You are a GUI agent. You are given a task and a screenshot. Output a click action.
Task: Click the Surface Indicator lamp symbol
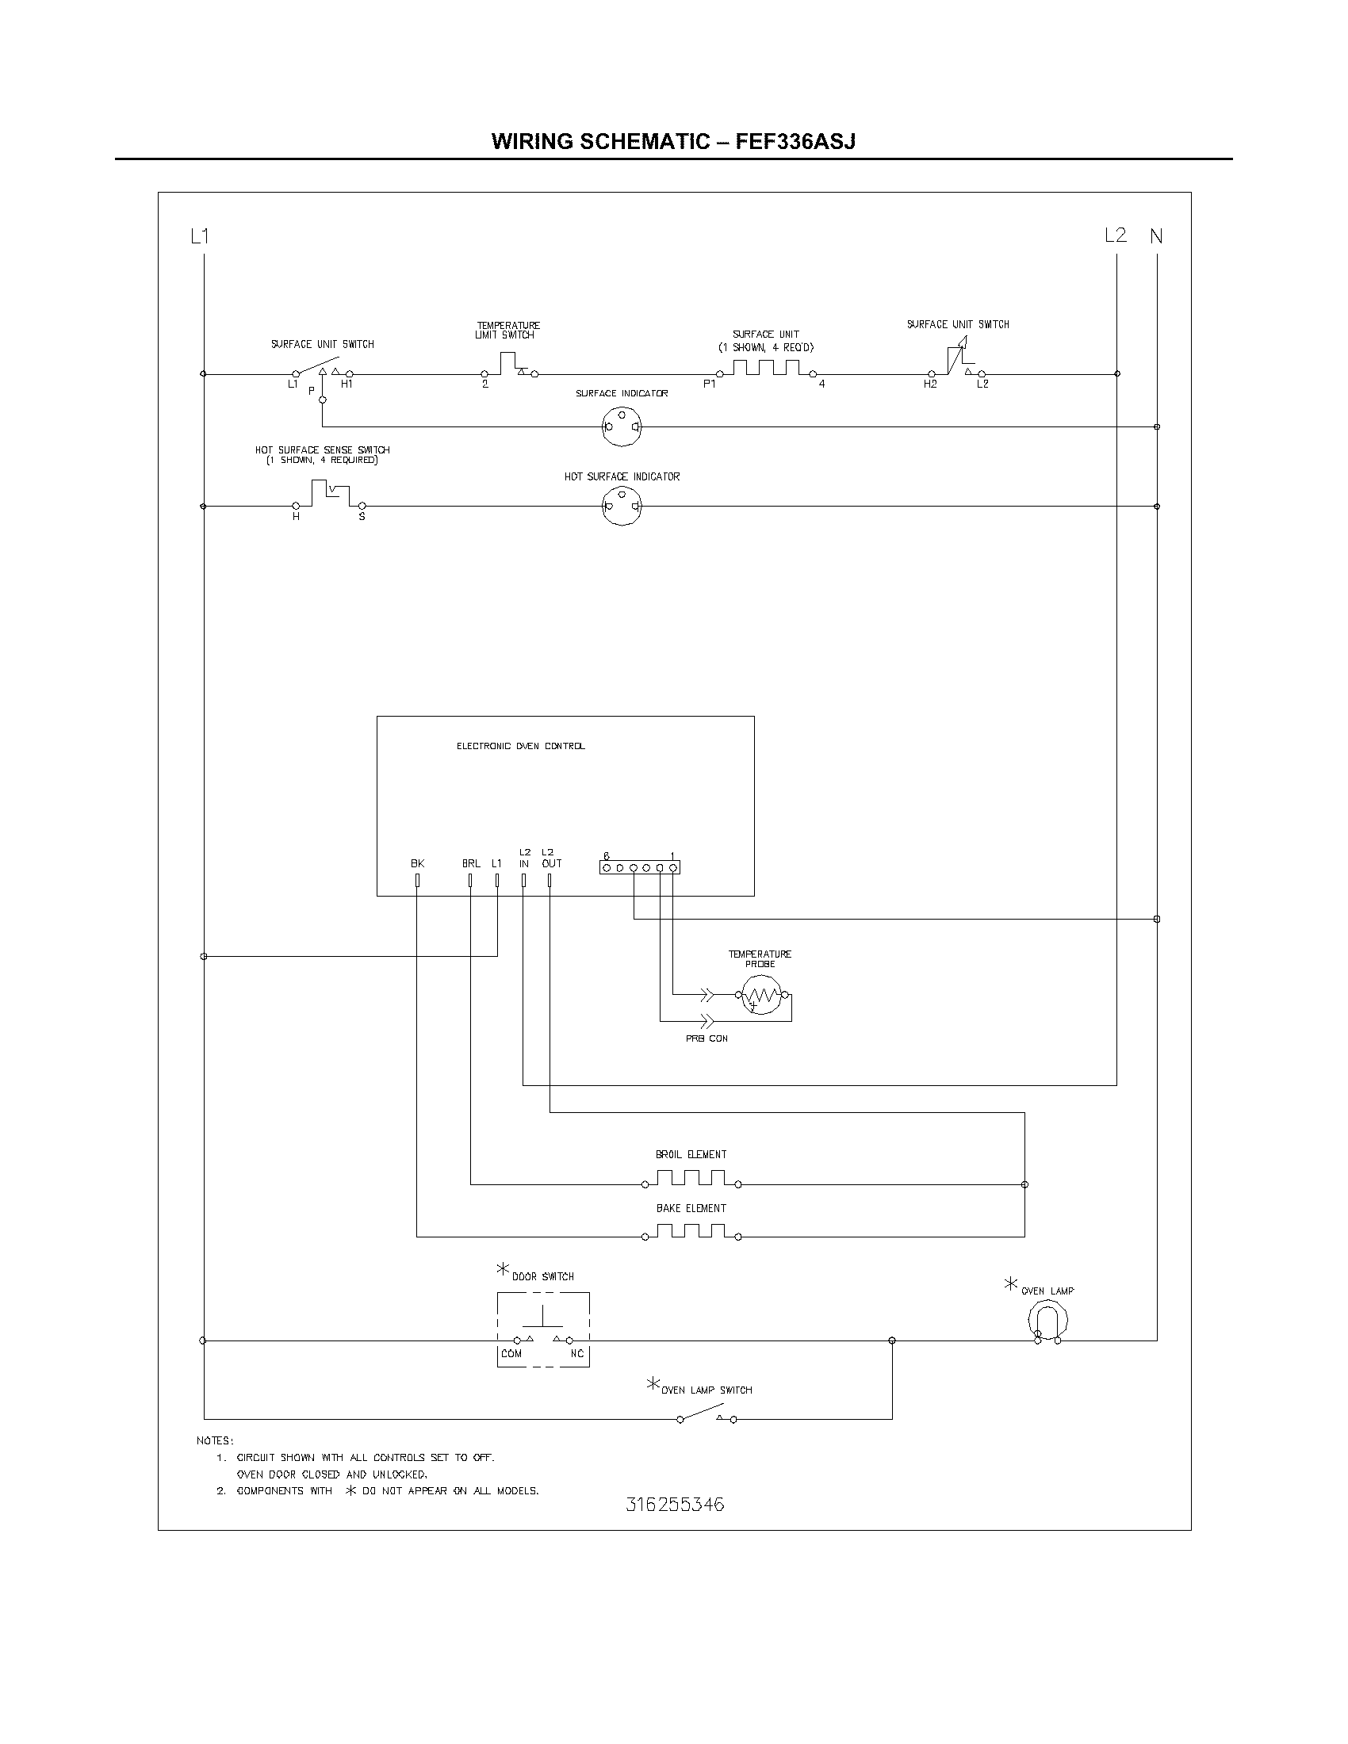[622, 426]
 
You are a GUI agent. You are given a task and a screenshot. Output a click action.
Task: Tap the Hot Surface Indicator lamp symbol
[622, 507]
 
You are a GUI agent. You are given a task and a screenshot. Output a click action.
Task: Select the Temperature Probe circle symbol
[761, 996]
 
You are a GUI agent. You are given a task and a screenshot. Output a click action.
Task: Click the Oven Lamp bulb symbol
[1047, 1321]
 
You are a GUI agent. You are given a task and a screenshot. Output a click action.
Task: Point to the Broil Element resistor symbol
[691, 1180]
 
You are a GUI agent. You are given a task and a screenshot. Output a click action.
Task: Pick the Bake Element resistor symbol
[691, 1232]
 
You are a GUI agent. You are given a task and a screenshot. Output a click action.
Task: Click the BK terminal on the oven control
[417, 880]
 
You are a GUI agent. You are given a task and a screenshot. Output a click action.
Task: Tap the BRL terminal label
[471, 863]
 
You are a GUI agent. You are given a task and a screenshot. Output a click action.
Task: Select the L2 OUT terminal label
[551, 858]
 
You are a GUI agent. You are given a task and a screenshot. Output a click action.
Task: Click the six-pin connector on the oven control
[640, 867]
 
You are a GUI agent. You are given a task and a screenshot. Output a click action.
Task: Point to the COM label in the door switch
[511, 1353]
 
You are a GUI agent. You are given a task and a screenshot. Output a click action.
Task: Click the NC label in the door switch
[576, 1353]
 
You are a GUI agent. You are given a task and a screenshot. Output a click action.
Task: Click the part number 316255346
[675, 1505]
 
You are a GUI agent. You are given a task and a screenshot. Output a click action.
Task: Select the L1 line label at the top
[200, 236]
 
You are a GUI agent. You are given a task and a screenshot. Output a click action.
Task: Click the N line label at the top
[1156, 236]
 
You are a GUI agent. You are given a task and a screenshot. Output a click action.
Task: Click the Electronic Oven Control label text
[521, 746]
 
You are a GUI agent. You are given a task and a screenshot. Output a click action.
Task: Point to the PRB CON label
[707, 1039]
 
